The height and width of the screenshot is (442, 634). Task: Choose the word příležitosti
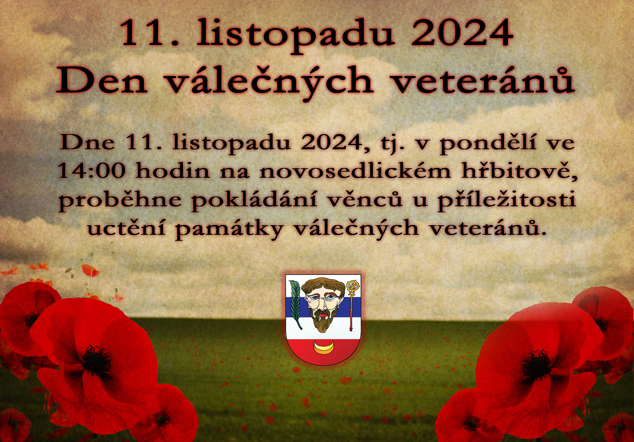[507, 200]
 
